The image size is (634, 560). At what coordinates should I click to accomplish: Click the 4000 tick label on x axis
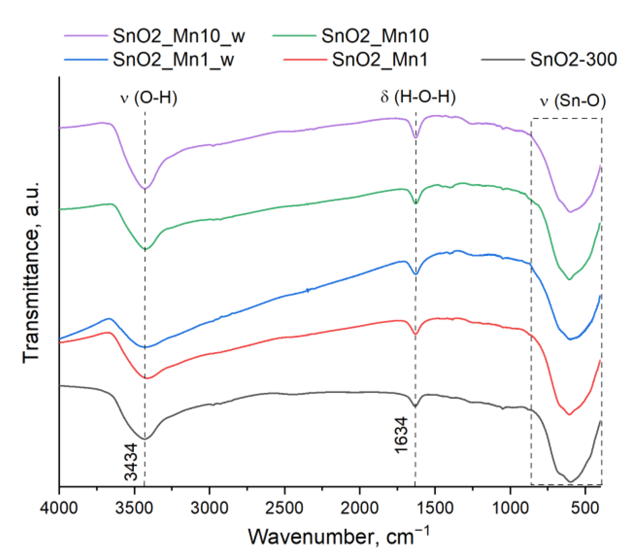[59, 508]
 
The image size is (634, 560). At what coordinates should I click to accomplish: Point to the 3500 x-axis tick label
[134, 508]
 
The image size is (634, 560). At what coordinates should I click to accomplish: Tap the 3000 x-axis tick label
[210, 508]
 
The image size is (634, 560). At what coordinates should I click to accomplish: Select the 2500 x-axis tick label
[285, 508]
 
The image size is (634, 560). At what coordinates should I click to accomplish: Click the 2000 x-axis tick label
[360, 508]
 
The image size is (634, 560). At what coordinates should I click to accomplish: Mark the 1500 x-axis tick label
[435, 508]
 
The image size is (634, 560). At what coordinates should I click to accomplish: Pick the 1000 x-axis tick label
[510, 508]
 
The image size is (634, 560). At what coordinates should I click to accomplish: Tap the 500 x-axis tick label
[585, 508]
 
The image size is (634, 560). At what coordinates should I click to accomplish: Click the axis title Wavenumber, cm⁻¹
[338, 537]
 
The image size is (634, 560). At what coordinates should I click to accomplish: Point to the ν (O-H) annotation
[149, 97]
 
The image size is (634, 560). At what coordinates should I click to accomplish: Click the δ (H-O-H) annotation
[418, 97]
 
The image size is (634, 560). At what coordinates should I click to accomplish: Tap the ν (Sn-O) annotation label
[573, 101]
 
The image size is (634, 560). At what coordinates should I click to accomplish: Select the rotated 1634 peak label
[402, 435]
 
